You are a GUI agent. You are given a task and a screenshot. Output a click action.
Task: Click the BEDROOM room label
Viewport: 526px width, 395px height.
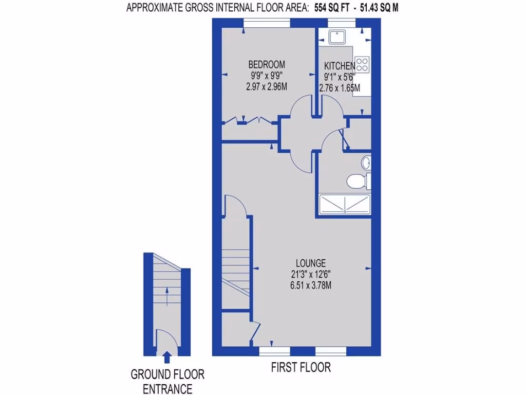click(267, 65)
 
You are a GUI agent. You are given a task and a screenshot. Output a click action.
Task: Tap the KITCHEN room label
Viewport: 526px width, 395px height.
click(339, 66)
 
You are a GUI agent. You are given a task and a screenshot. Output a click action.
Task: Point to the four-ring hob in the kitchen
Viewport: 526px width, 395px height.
click(362, 64)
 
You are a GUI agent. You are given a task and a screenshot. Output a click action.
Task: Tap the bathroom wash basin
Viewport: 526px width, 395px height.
click(365, 163)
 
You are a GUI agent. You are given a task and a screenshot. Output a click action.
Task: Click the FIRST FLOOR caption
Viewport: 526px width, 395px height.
click(301, 367)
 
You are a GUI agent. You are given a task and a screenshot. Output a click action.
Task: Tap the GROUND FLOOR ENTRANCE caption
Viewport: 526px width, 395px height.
click(167, 381)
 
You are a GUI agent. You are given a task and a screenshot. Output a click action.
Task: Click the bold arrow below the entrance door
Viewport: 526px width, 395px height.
click(167, 356)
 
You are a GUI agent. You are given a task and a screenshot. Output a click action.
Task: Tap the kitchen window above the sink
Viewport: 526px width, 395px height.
click(341, 22)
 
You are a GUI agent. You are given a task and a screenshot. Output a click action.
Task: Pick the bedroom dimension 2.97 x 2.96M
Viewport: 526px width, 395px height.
click(267, 86)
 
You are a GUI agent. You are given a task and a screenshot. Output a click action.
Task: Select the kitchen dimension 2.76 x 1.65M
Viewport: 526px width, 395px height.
click(339, 88)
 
